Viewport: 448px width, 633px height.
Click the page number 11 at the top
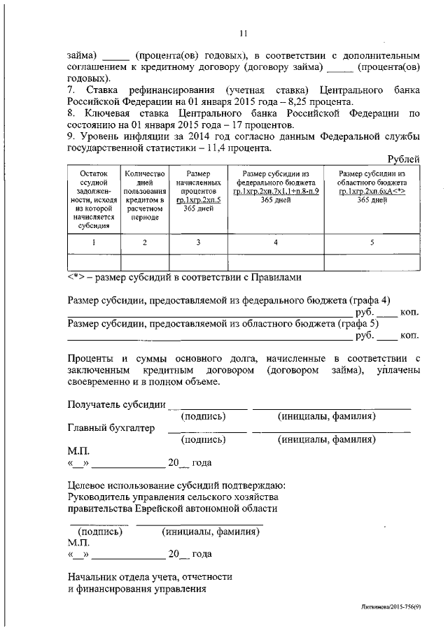tap(244, 32)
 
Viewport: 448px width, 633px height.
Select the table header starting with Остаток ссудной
tap(94, 199)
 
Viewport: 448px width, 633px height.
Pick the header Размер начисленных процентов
tap(199, 190)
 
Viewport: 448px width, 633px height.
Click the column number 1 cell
tap(94, 242)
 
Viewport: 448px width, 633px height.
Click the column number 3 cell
tap(199, 242)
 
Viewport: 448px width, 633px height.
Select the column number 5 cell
tap(372, 242)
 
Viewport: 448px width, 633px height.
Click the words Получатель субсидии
tap(116, 404)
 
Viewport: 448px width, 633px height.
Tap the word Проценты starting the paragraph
tap(93, 359)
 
